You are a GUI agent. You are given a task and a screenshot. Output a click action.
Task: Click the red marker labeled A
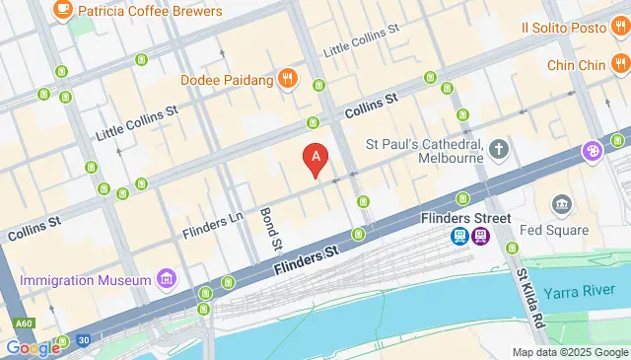pos(315,158)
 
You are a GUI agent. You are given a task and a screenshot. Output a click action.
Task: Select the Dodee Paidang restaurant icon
pos(287,78)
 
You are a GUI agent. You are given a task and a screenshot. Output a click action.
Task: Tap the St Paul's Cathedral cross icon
pos(500,150)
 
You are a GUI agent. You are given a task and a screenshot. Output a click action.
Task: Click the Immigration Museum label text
pos(86,280)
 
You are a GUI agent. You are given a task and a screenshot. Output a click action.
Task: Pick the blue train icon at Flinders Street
pos(458,236)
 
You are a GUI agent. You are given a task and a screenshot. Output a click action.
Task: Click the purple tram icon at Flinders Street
pos(480,236)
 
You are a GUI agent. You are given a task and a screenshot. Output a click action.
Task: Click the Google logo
pos(32,347)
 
